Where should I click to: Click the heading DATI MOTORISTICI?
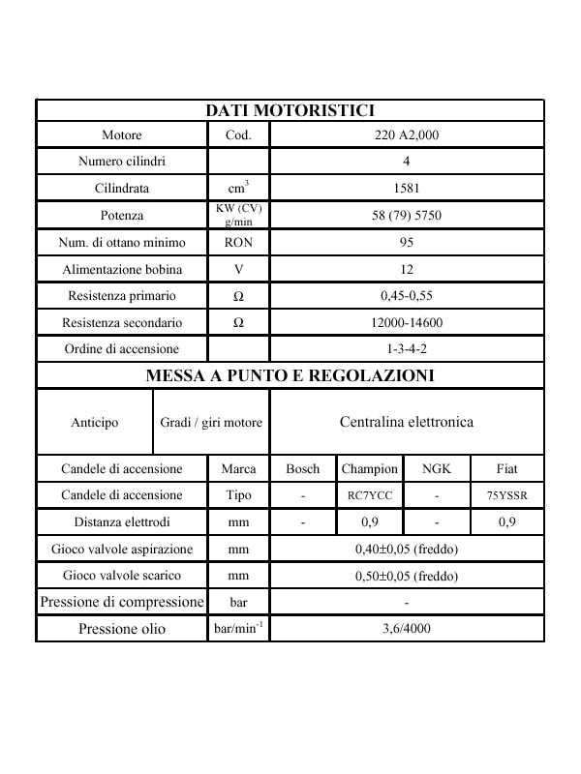[290, 110]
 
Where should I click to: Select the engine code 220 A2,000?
[407, 134]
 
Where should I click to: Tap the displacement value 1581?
[407, 188]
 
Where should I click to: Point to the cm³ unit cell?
[238, 188]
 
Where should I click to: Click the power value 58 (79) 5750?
[407, 215]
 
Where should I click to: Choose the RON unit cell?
[238, 243]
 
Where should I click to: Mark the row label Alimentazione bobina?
[122, 270]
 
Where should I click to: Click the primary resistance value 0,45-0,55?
[407, 296]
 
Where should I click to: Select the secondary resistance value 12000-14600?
[407, 322]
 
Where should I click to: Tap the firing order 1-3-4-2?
[407, 349]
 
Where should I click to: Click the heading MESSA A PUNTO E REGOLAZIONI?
[290, 375]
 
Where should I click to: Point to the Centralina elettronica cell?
[407, 422]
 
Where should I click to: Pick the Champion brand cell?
[370, 469]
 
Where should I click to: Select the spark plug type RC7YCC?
[370, 495]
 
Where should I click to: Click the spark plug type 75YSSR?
[506, 495]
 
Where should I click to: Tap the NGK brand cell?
[437, 469]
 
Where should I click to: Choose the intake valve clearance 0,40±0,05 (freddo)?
[407, 550]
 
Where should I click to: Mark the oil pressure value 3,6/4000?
[407, 628]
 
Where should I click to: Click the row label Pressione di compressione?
[122, 602]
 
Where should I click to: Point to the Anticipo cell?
[94, 423]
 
